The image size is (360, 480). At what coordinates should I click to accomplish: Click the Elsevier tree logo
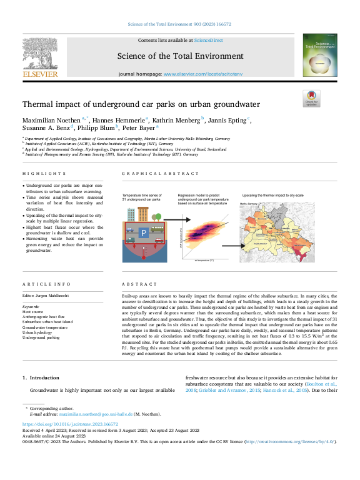40,53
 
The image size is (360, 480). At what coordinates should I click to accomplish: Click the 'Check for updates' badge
311,98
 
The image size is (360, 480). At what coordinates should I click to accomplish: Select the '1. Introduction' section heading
41,377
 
